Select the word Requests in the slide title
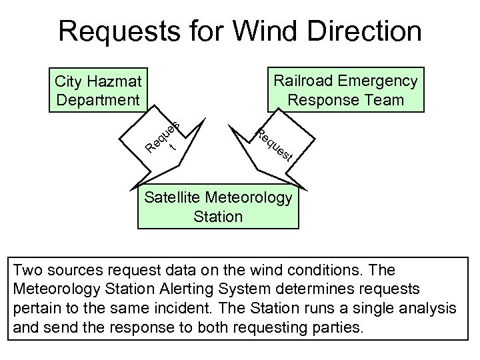(113, 31)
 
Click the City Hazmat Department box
(98, 91)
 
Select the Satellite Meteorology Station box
(218, 207)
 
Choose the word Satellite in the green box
(173, 197)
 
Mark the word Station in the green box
(218, 217)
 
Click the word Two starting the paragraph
(28, 271)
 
